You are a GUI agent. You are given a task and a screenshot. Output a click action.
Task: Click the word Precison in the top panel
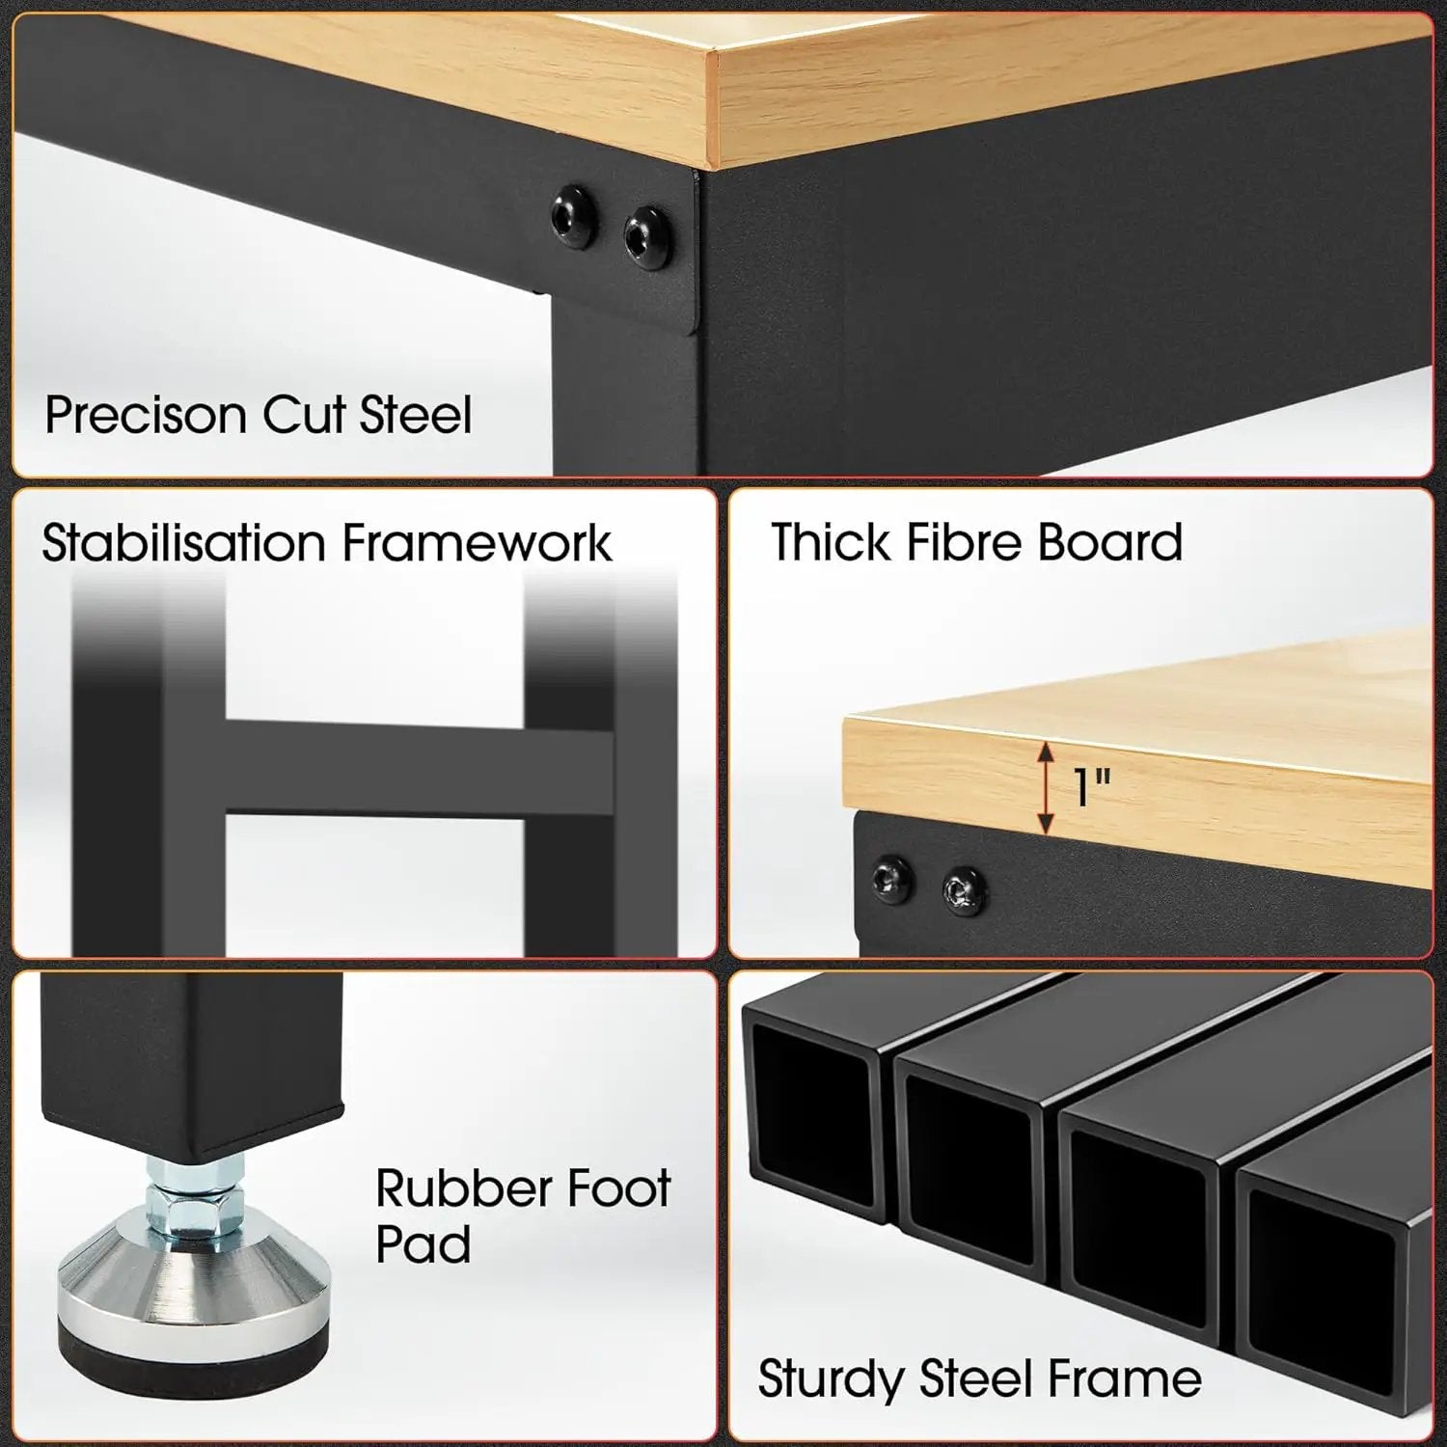(146, 416)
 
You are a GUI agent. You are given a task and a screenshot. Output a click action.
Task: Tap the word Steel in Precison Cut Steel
(416, 415)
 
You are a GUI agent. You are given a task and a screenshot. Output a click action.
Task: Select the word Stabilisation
(184, 542)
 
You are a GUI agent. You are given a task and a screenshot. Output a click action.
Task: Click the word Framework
(477, 542)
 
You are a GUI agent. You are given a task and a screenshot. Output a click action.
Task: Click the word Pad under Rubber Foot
(423, 1244)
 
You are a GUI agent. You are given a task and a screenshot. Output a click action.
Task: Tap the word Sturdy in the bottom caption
(831, 1379)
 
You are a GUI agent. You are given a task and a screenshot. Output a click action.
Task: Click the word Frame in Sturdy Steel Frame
(1125, 1379)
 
